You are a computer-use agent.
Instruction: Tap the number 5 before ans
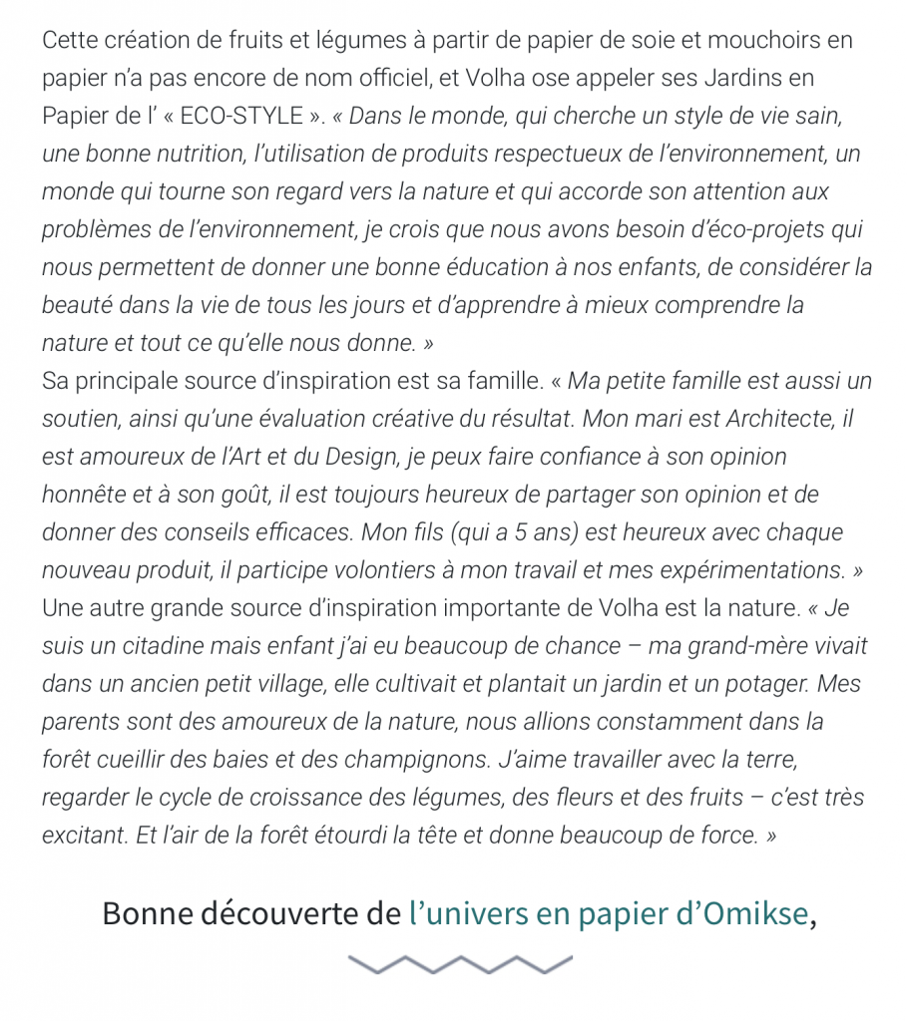tap(522, 533)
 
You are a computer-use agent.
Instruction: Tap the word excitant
tap(84, 837)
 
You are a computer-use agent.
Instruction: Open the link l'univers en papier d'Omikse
tap(609, 914)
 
